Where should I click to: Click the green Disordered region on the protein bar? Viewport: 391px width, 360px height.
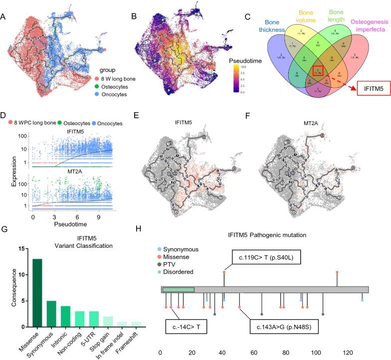(178, 290)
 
